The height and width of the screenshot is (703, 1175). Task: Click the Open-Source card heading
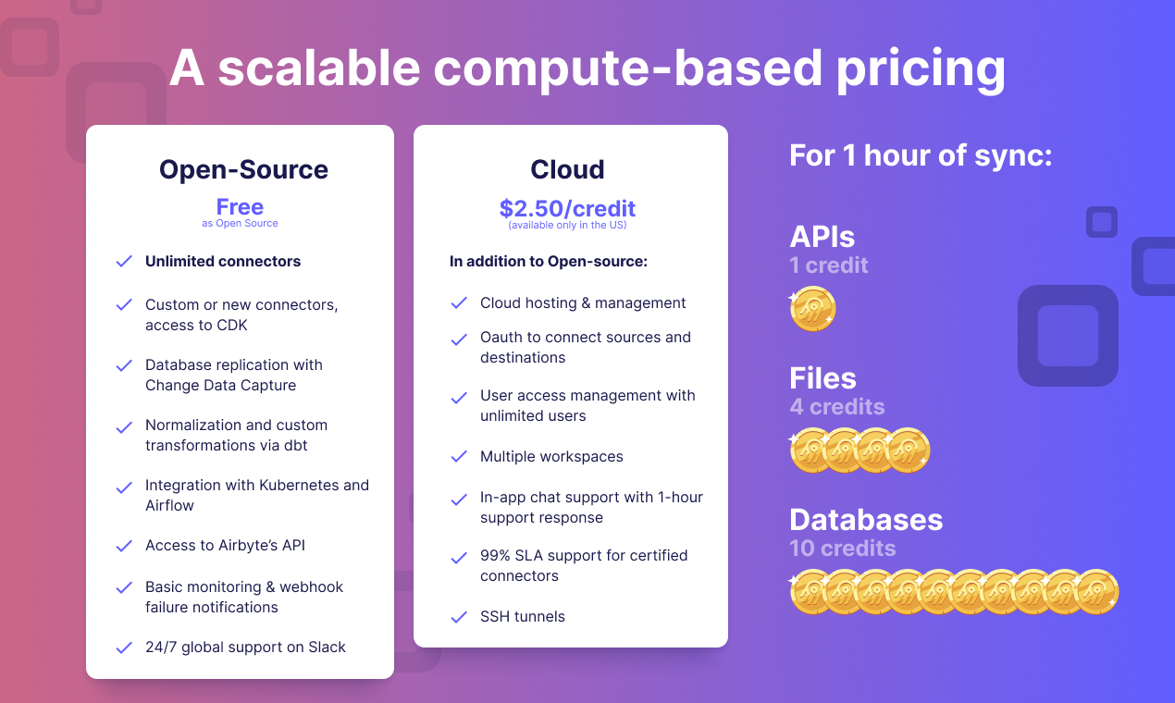243,169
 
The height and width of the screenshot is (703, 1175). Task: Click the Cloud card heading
567,169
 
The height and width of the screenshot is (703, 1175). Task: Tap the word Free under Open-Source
240,206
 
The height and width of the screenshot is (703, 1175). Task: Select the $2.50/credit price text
567,208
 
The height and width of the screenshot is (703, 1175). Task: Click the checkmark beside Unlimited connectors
124,262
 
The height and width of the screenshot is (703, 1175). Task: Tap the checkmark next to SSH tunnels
459,617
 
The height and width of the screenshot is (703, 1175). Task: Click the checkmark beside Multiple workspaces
459,457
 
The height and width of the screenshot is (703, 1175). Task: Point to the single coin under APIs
813,310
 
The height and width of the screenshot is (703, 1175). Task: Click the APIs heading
822,237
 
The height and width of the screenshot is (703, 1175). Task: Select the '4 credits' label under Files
836,407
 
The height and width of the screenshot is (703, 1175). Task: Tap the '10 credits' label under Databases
842,549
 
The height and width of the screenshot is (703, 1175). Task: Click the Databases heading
866,520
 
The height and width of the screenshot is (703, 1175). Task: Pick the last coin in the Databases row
1096,592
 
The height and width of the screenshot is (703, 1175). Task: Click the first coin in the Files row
811,450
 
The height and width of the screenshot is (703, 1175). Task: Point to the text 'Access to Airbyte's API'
225,546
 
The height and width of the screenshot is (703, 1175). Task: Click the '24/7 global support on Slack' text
245,647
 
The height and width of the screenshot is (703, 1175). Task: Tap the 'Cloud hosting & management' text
583,303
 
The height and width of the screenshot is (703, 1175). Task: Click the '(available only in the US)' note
567,226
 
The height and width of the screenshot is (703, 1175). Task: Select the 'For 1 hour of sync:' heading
921,155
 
